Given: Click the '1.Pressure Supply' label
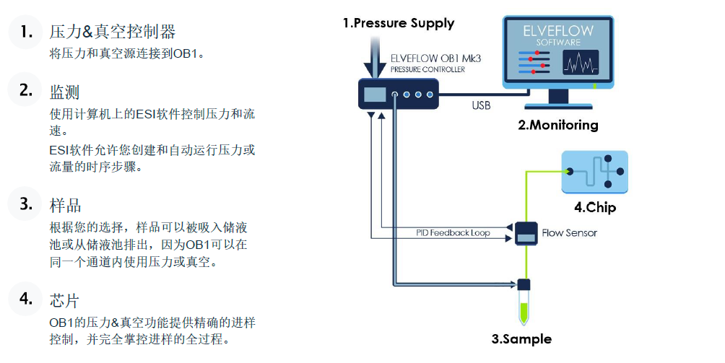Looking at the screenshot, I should (398, 23).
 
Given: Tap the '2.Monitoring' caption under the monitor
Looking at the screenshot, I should (558, 125).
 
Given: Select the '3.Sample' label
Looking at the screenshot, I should (521, 338).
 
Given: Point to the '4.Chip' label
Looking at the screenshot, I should (595, 208).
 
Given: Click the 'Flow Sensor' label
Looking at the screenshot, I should (570, 233).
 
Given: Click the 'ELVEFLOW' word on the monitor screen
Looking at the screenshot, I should (558, 31).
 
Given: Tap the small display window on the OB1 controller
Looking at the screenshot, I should (375, 94).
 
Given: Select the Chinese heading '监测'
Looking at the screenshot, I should (64, 92).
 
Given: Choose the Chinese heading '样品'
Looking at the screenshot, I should (64, 205).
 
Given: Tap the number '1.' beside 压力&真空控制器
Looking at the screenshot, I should (27, 31).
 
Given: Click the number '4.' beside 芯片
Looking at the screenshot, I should (27, 298).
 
